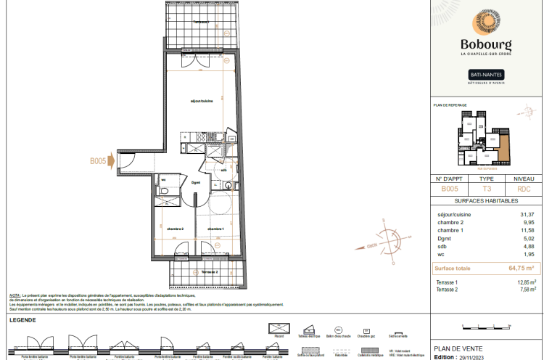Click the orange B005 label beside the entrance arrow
[99, 161]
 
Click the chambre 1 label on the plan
[215, 229]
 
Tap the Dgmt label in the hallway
[196, 183]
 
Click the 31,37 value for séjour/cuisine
[527, 215]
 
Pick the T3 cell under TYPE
[487, 188]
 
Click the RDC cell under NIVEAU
[524, 188]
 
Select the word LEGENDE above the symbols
[24, 320]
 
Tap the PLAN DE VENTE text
[458, 348]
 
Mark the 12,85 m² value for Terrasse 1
[526, 282]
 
